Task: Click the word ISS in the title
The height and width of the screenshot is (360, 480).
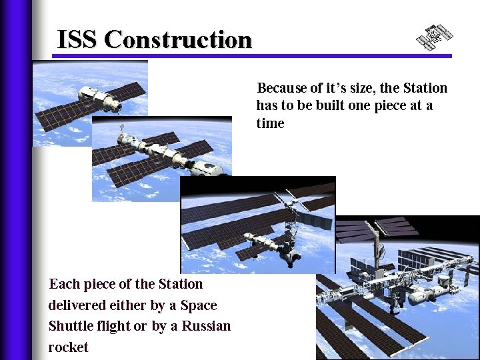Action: tap(77, 40)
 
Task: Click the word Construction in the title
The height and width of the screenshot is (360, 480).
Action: tap(178, 40)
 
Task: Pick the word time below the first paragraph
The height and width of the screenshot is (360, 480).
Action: tap(270, 123)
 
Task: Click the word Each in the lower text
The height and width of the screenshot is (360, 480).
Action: tap(64, 284)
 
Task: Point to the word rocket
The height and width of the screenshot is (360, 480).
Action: tap(68, 347)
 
